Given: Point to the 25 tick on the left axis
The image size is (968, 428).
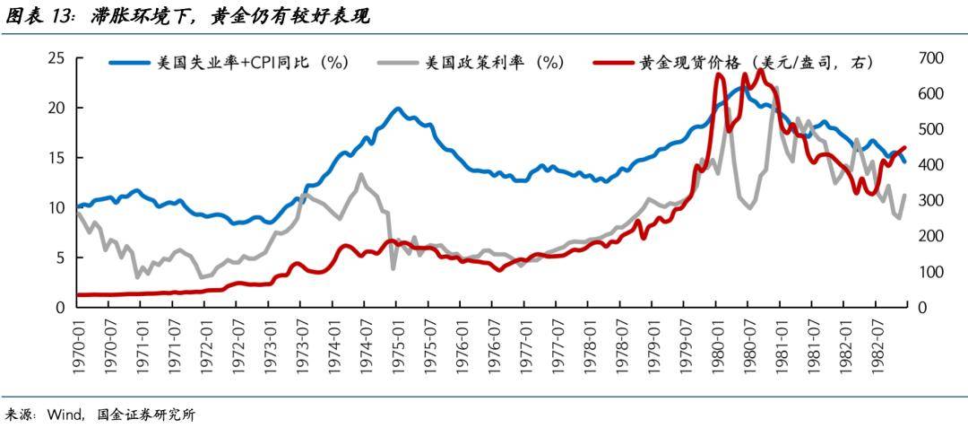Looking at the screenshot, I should point(56,58).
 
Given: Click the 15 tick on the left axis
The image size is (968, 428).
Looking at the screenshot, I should point(56,158).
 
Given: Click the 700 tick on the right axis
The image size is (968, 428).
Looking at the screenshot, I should point(932,58).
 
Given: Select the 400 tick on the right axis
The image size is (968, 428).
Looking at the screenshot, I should point(932,165).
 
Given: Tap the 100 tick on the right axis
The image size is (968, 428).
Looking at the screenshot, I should point(932,272).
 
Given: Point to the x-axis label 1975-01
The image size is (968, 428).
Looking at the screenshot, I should point(395,342).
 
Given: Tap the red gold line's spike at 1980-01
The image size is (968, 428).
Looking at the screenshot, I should point(719,76).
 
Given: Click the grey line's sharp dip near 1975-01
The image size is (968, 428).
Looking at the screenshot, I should point(393,267).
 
